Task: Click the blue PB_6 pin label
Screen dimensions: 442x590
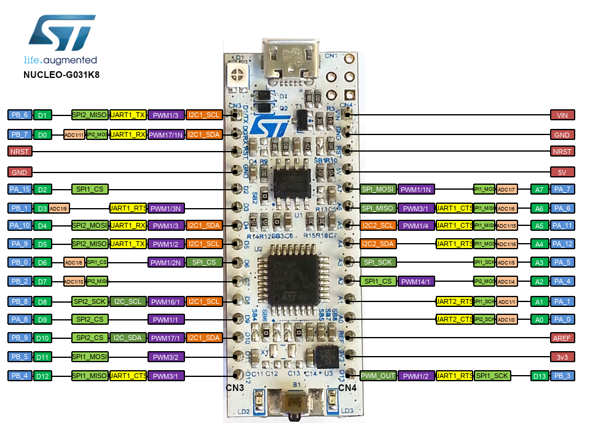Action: (19, 115)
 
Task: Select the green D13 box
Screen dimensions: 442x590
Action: (540, 376)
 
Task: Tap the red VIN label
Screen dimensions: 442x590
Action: (562, 115)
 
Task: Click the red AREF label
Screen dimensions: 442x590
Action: (562, 338)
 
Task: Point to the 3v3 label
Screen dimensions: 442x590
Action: (562, 356)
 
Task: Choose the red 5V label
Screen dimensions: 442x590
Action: (562, 173)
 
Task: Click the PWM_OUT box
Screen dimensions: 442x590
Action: (377, 376)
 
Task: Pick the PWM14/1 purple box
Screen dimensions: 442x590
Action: (416, 282)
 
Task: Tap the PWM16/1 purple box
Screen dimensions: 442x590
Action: (166, 301)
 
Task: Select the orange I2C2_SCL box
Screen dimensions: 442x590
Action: (377, 225)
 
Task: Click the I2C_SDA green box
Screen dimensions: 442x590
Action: (128, 338)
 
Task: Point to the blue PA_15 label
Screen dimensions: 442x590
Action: (19, 190)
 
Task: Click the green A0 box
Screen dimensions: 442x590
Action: (540, 319)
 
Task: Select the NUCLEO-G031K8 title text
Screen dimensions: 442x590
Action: (61, 75)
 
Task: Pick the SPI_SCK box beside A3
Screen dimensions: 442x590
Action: (377, 262)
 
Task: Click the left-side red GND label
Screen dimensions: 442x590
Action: (19, 173)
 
